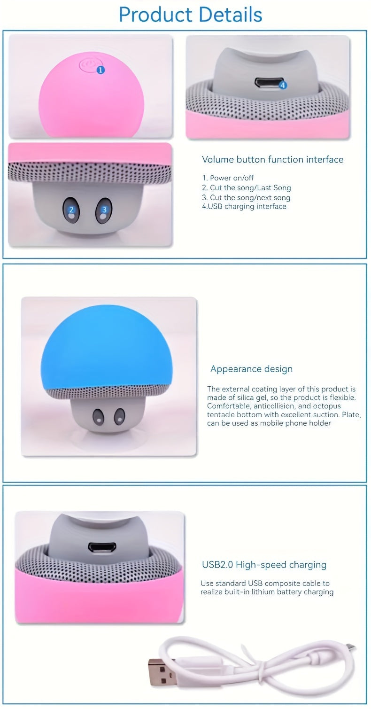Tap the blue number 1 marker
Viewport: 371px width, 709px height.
(x=100, y=70)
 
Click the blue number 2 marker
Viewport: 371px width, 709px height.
(x=71, y=210)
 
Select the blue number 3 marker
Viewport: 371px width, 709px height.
(x=104, y=210)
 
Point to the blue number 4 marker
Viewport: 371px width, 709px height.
(x=282, y=85)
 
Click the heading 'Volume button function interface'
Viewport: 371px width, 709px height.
(x=272, y=159)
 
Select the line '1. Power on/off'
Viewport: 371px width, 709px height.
(x=228, y=178)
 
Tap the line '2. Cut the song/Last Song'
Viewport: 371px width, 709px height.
(x=247, y=187)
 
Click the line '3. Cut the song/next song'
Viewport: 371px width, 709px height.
(x=246, y=197)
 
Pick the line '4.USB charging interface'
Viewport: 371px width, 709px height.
(x=244, y=206)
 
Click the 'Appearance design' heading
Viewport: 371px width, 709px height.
(x=251, y=369)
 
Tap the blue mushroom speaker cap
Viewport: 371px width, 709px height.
(x=108, y=348)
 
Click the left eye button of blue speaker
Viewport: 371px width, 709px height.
(x=98, y=416)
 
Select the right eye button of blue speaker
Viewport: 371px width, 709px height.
(x=118, y=416)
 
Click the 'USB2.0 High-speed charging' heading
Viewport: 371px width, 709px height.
(x=264, y=564)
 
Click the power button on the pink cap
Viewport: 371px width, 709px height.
(x=87, y=65)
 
